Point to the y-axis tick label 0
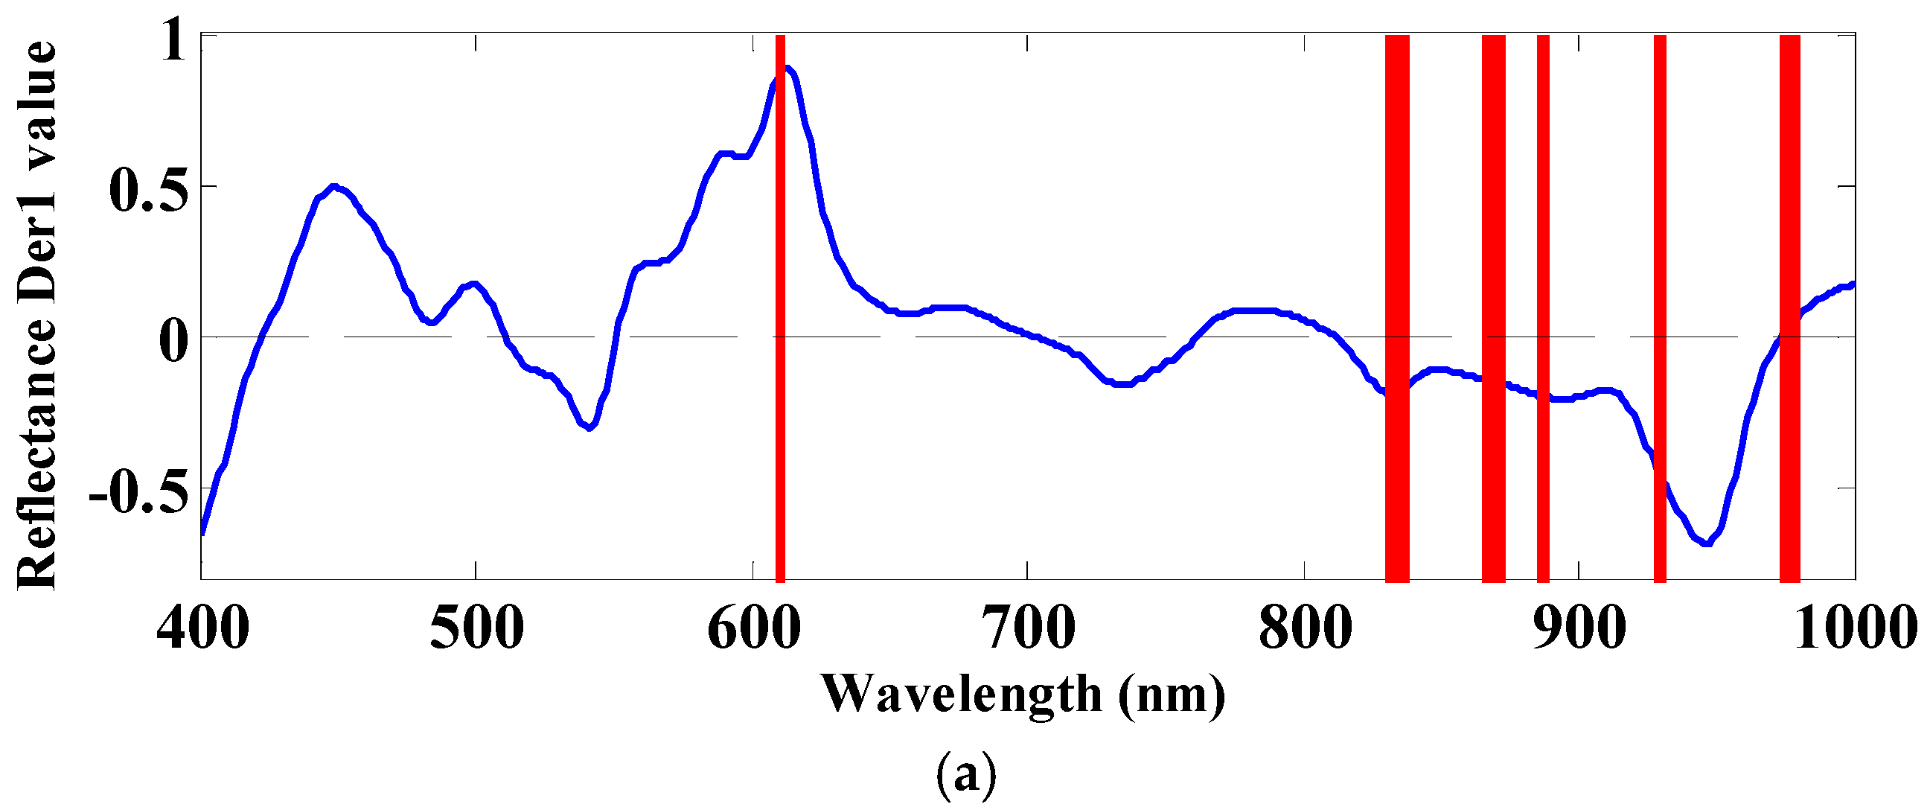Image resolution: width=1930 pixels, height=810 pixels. click(x=174, y=340)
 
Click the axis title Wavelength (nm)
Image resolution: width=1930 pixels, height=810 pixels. click(x=1023, y=695)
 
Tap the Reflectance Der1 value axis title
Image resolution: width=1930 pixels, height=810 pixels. click(x=36, y=315)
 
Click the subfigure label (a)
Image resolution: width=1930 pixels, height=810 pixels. click(x=966, y=776)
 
